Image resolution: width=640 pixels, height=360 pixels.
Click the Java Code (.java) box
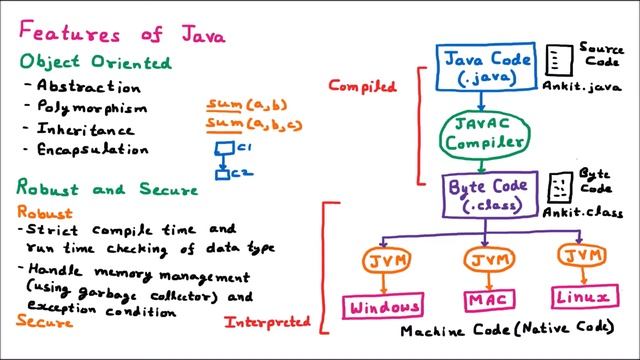pos(483,68)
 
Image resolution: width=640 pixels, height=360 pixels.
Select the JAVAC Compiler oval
pos(483,132)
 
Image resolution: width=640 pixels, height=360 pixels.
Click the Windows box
pos(383,305)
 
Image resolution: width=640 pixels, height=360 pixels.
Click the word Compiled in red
pos(362,86)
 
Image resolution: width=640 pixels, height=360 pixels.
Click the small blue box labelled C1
pos(226,149)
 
